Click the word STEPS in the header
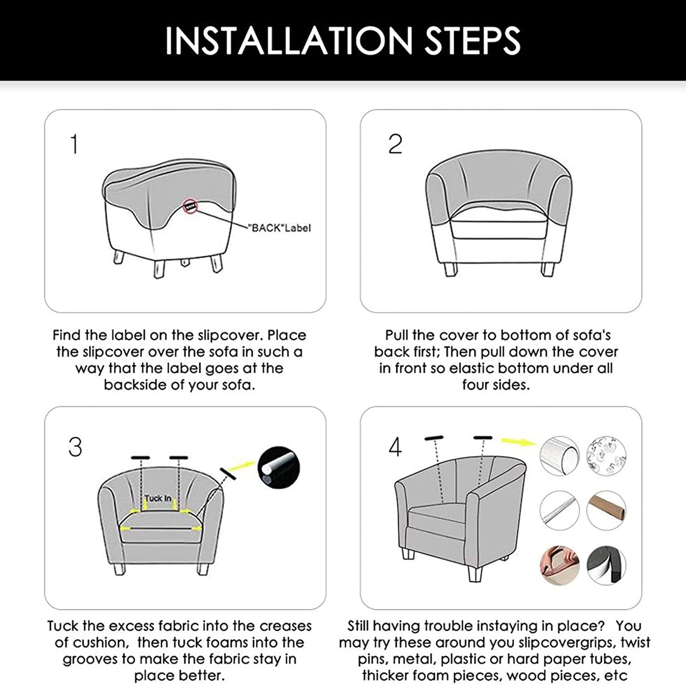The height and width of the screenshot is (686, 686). [473, 41]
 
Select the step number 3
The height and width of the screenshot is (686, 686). [75, 447]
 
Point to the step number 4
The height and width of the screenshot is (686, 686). [395, 447]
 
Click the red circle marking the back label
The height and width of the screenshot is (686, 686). [190, 206]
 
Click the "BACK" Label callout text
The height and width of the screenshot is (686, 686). [279, 228]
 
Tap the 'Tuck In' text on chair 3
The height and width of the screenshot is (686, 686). [158, 498]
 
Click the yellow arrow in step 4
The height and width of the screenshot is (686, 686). [519, 441]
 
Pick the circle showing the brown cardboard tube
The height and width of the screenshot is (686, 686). [606, 510]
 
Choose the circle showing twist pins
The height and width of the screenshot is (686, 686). [606, 456]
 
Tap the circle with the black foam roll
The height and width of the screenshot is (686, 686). [606, 565]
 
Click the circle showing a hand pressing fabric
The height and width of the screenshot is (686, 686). [559, 565]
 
